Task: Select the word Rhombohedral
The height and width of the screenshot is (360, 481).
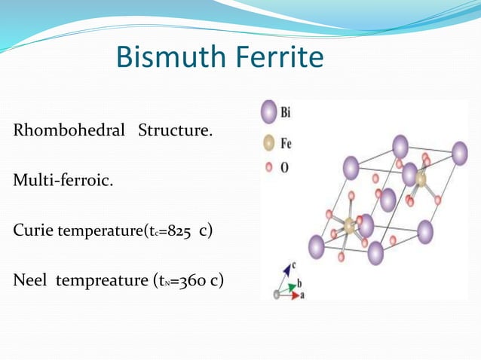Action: [69, 131]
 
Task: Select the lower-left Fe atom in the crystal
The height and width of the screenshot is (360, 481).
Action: [349, 224]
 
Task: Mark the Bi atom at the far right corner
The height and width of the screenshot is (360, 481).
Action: [458, 154]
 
